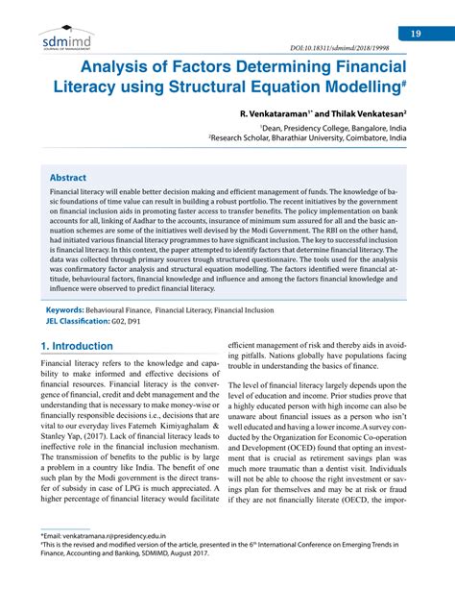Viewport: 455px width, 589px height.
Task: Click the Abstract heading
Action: point(69,177)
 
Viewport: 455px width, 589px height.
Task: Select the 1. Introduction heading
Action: point(77,346)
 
